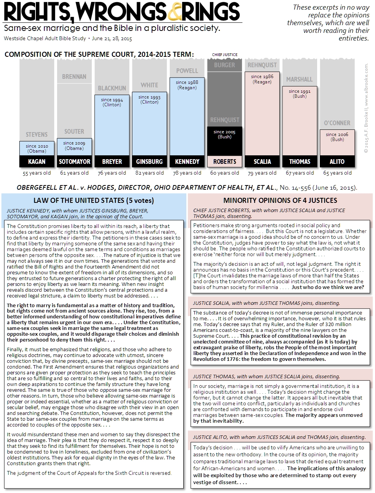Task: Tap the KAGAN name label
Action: click(x=37, y=161)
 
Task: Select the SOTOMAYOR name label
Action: click(x=74, y=161)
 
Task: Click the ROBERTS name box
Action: click(x=225, y=161)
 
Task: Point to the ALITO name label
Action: click(x=337, y=161)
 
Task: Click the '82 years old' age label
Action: click(x=149, y=173)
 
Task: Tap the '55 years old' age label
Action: click(x=37, y=173)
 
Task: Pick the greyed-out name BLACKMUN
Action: click(x=112, y=88)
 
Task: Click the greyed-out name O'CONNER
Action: click(x=337, y=123)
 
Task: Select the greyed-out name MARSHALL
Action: click(x=299, y=79)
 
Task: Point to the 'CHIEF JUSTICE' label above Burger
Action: click(x=225, y=54)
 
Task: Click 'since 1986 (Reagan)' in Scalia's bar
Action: click(x=262, y=79)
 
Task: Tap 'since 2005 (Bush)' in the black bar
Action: click(x=225, y=134)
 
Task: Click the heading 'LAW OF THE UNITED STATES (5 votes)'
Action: click(x=93, y=200)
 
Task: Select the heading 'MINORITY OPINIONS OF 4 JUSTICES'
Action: click(x=280, y=200)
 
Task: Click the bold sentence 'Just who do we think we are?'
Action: click(x=328, y=287)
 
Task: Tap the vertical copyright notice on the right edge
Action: click(x=366, y=108)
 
